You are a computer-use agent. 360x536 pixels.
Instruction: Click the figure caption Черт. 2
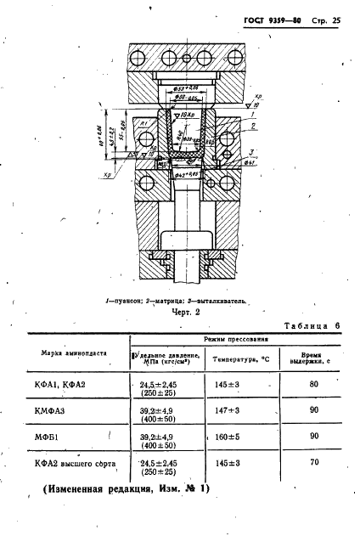pos(181,313)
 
